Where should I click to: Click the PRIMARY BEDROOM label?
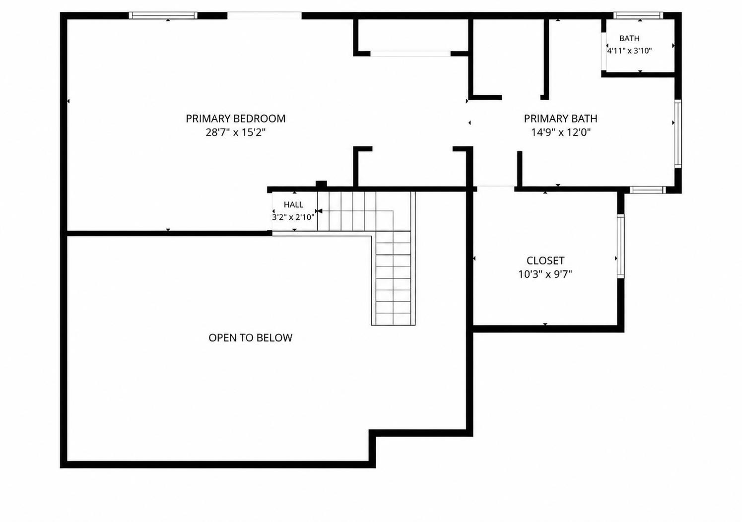[x=236, y=119]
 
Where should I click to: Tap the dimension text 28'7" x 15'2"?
[x=236, y=132]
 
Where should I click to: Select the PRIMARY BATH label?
[x=560, y=119]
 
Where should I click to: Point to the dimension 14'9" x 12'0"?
[x=561, y=132]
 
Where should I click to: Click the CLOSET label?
[x=545, y=261]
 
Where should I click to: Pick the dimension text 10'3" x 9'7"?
[x=545, y=274]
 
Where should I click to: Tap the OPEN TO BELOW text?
[x=251, y=338]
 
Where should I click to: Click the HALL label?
[x=293, y=205]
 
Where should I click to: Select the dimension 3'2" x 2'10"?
[x=293, y=217]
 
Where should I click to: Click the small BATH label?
[x=629, y=38]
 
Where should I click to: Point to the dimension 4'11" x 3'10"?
[x=629, y=51]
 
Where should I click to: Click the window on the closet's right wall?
[x=620, y=246]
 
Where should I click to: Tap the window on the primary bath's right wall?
[x=678, y=134]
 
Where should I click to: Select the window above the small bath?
[x=638, y=15]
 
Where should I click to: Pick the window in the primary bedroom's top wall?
[x=163, y=15]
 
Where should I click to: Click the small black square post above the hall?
[x=321, y=184]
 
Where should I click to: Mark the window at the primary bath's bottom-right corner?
[x=648, y=190]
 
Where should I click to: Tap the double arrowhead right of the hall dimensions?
[x=319, y=211]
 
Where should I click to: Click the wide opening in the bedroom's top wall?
[x=265, y=15]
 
